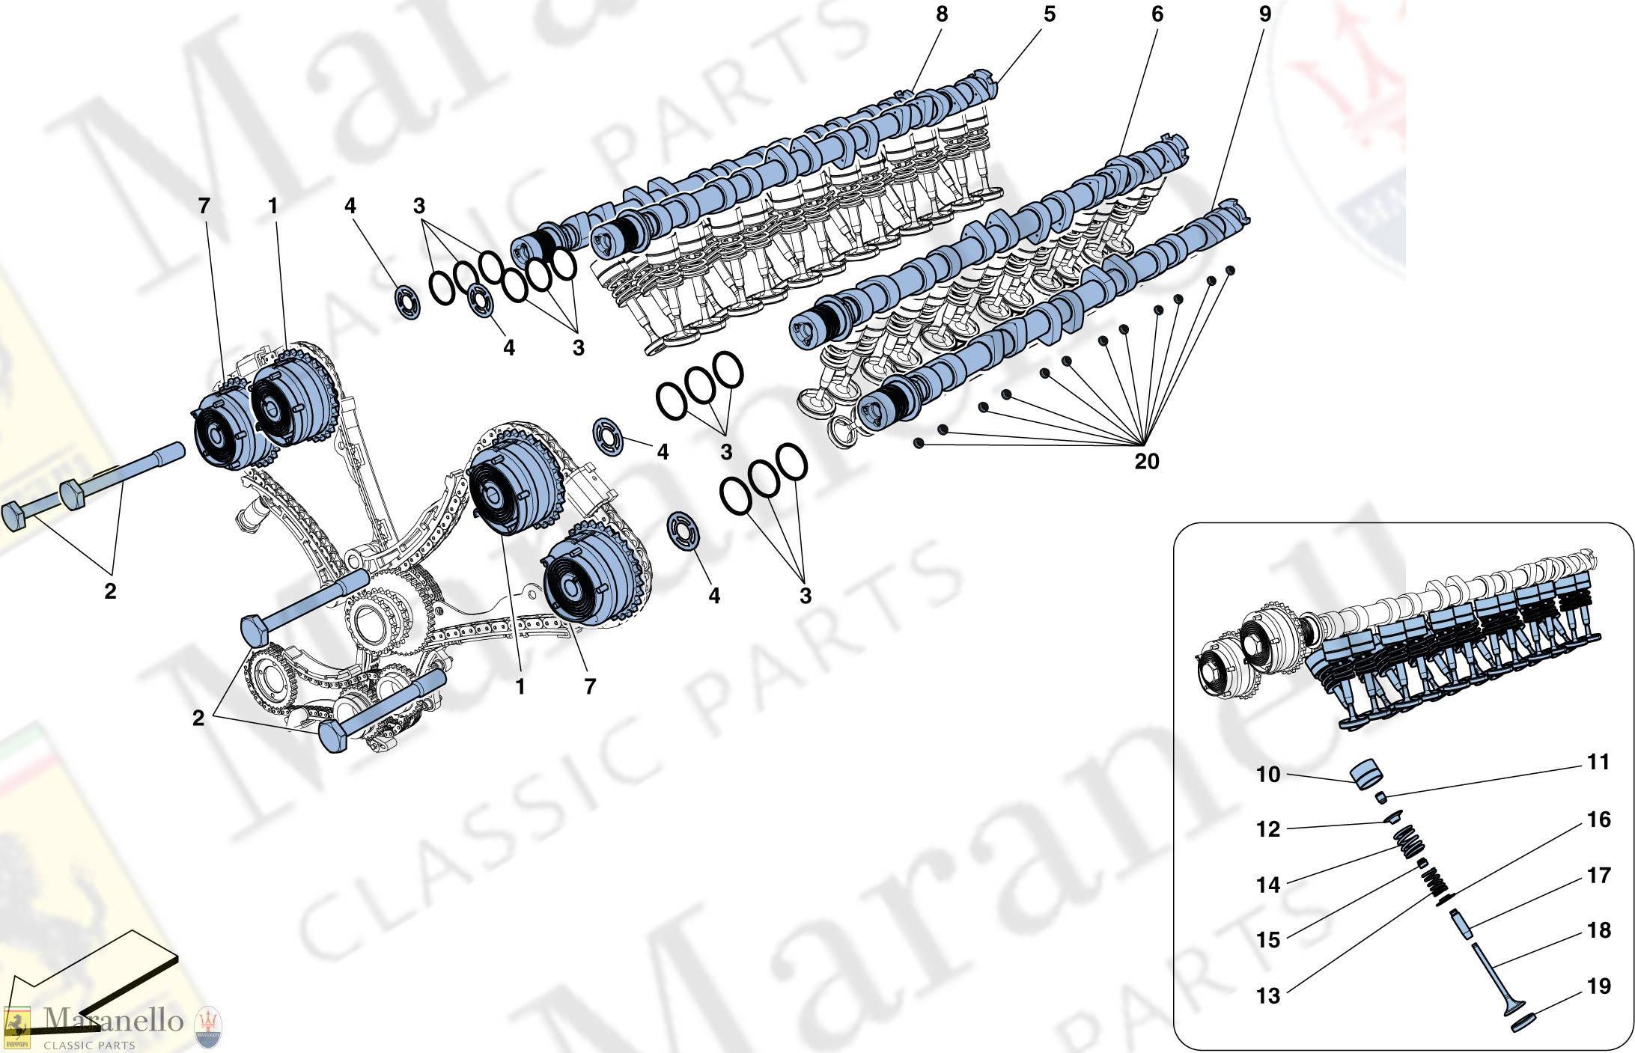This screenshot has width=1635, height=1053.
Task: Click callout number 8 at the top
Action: pyautogui.click(x=942, y=14)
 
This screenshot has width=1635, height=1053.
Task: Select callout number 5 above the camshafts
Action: pyautogui.click(x=1050, y=14)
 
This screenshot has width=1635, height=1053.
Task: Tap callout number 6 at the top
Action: pyautogui.click(x=1157, y=14)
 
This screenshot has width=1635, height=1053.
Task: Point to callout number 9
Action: pyautogui.click(x=1265, y=14)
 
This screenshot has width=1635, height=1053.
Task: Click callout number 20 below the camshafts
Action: pyautogui.click(x=1147, y=461)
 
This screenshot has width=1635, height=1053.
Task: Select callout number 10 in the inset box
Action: pyautogui.click(x=1268, y=774)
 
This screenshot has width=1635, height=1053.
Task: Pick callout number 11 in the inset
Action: pyautogui.click(x=1598, y=762)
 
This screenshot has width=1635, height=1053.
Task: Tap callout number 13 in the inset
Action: pyautogui.click(x=1268, y=996)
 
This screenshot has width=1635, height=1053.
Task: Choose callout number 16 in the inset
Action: pyautogui.click(x=1598, y=819)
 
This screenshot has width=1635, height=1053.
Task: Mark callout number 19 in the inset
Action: pyautogui.click(x=1598, y=986)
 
